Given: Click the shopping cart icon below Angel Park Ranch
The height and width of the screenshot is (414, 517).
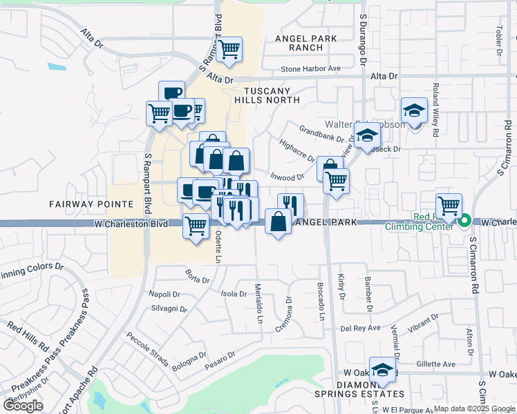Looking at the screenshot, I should coord(228,49).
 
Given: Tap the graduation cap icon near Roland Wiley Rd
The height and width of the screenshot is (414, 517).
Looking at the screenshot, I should coord(414,110).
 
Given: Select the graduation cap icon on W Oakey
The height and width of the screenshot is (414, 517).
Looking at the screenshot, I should coord(382,370).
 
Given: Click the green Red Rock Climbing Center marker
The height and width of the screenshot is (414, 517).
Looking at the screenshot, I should coord(465,221).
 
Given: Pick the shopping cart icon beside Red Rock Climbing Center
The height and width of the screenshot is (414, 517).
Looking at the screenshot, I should coord(449,206).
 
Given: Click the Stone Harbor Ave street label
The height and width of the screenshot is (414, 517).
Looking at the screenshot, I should coord(311,68).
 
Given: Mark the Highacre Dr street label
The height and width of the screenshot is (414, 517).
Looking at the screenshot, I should coord(297,148).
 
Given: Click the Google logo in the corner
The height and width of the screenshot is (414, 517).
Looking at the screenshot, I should coord(23,405).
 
